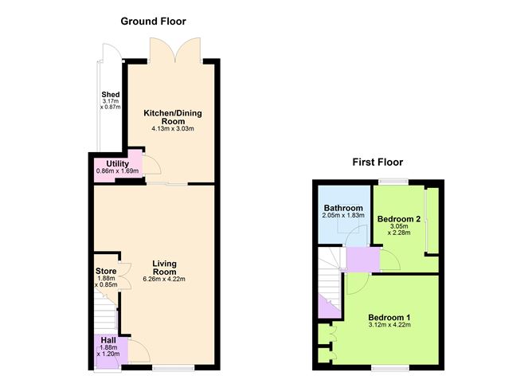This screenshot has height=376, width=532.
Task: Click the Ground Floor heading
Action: [x=153, y=21]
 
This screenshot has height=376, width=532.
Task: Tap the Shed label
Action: [x=110, y=96]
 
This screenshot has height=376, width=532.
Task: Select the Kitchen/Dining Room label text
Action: [x=173, y=116]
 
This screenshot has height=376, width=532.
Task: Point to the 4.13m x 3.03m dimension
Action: [x=173, y=129]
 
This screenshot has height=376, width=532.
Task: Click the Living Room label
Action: [x=165, y=267]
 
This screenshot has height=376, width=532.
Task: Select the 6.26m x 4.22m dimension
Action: [x=165, y=279]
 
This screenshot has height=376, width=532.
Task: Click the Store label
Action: [x=105, y=270]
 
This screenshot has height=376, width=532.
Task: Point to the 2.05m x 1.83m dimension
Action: [x=344, y=216]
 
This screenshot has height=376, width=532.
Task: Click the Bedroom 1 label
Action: [x=389, y=315]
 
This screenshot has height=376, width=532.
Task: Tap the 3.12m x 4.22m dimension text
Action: [x=389, y=325]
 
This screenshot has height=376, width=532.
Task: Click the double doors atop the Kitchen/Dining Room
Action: [x=172, y=52]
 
